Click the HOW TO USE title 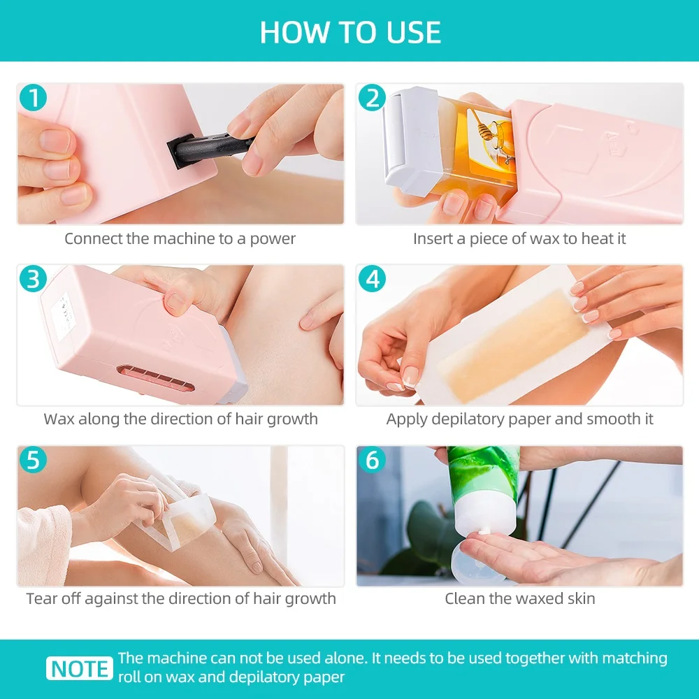pyautogui.click(x=350, y=33)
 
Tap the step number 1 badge pyautogui.click(x=32, y=98)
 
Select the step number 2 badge pyautogui.click(x=371, y=98)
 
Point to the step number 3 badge pyautogui.click(x=32, y=279)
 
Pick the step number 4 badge pyautogui.click(x=371, y=279)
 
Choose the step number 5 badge pyautogui.click(x=32, y=460)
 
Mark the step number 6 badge pyautogui.click(x=371, y=460)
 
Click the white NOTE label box pyautogui.click(x=80, y=668)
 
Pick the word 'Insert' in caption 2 pyautogui.click(x=433, y=238)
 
